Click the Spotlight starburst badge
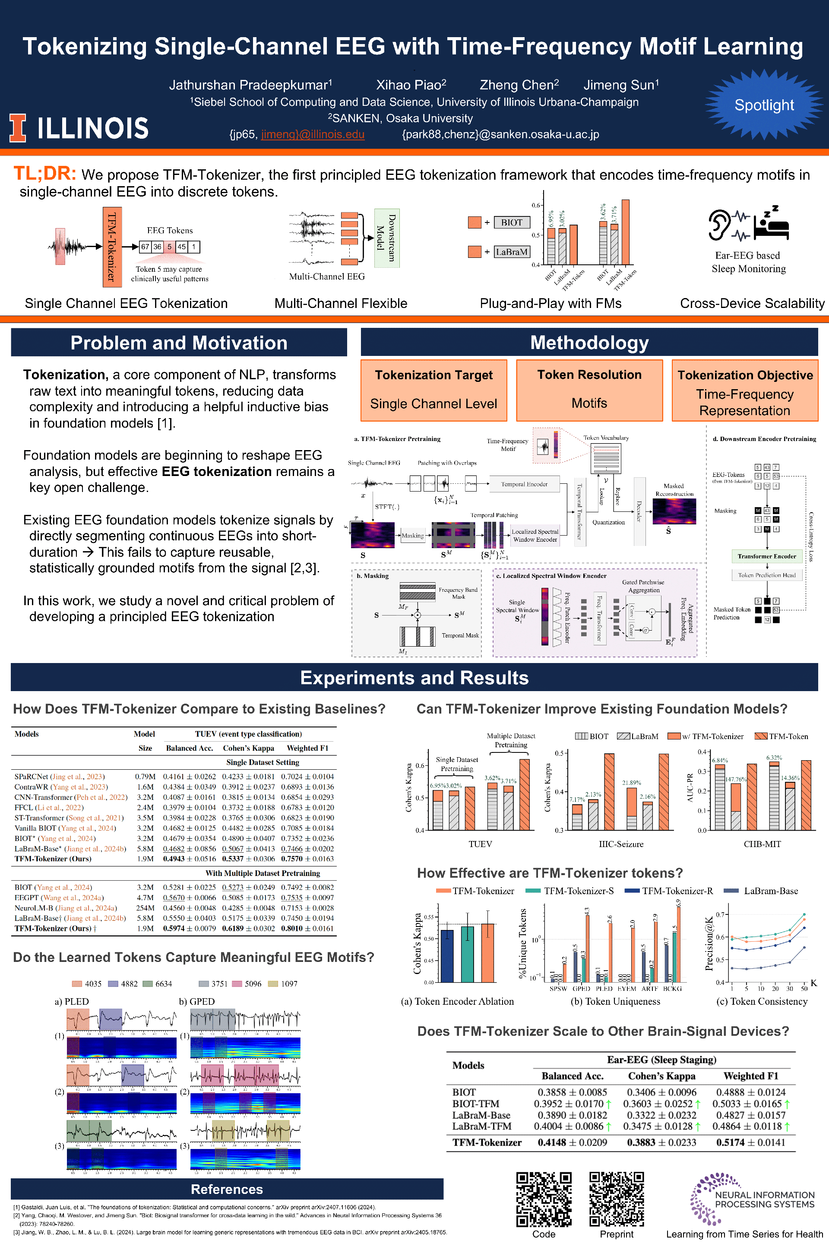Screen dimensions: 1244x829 click(x=763, y=105)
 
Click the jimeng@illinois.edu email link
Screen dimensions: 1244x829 click(x=313, y=134)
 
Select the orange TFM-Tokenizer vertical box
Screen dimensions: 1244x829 click(x=112, y=247)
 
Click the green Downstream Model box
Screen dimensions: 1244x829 click(x=387, y=238)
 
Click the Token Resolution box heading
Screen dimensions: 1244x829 click(x=589, y=374)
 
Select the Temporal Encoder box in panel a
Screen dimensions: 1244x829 click(x=524, y=484)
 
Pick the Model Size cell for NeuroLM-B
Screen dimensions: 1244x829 click(x=145, y=908)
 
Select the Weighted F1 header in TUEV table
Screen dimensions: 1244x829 click(x=307, y=748)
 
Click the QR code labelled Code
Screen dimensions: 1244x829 click(x=544, y=1199)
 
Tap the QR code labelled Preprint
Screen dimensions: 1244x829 click(x=617, y=1199)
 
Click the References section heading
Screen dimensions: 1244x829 click(x=227, y=1189)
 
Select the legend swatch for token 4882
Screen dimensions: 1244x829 click(x=113, y=984)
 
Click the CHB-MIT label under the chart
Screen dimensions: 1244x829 click(x=762, y=844)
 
